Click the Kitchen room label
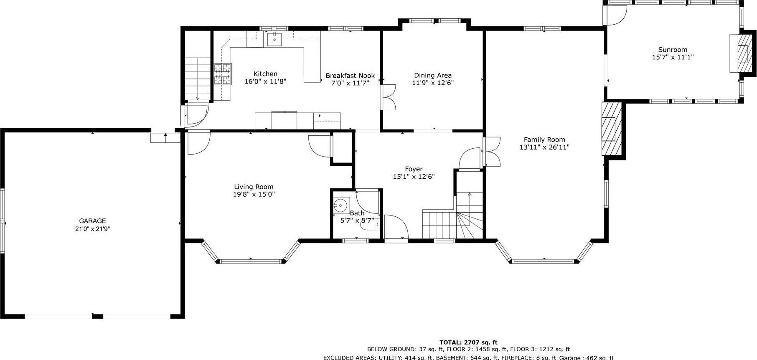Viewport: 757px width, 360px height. tap(265, 74)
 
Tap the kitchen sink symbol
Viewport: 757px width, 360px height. tap(274, 39)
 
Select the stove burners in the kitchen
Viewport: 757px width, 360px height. tap(222, 74)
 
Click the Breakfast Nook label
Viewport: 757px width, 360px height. tap(350, 76)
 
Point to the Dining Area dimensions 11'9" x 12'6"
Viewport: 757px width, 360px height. tap(432, 83)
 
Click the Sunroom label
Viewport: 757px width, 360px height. tap(673, 50)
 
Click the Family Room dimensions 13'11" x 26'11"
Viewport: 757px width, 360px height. tap(544, 147)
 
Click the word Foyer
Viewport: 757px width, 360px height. tap(414, 169)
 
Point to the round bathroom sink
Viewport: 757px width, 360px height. tap(341, 205)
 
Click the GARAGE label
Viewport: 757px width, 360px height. tap(92, 221)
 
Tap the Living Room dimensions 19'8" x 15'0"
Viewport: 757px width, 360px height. tap(254, 194)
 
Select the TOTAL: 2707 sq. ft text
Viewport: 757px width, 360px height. tap(468, 342)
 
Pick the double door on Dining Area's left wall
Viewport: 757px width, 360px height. tap(389, 97)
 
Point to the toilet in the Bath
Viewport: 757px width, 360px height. tap(377, 224)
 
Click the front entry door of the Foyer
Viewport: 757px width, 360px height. tap(396, 228)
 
